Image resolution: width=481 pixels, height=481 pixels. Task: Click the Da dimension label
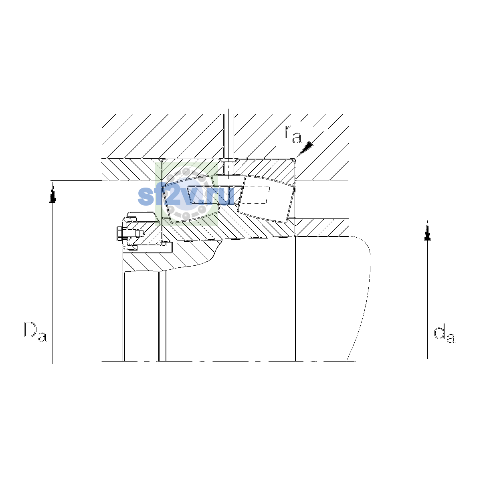(35, 331)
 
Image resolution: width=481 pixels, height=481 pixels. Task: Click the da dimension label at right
(444, 334)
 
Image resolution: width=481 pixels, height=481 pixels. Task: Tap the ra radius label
(293, 134)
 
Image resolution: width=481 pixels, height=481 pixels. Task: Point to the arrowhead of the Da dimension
(53, 192)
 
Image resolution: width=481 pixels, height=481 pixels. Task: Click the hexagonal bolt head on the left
(119, 234)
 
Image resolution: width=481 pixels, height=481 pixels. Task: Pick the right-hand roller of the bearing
(266, 198)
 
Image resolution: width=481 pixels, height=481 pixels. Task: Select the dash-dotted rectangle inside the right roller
(255, 195)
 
